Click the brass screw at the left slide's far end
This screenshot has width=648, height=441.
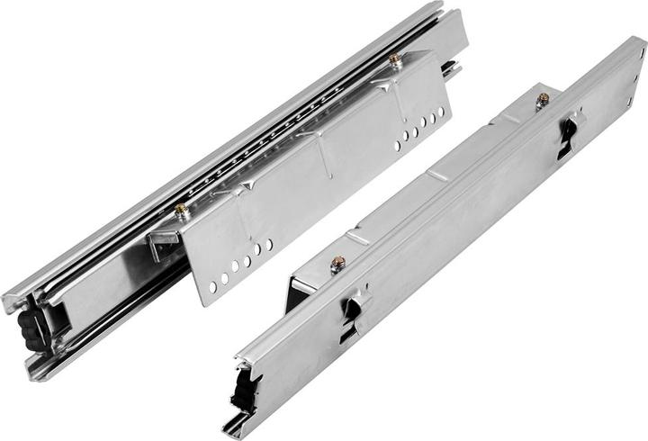[394, 59]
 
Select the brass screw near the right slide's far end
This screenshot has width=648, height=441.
[543, 98]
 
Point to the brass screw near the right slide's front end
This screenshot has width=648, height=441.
[338, 264]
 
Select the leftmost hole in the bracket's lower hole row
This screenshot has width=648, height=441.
[212, 286]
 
